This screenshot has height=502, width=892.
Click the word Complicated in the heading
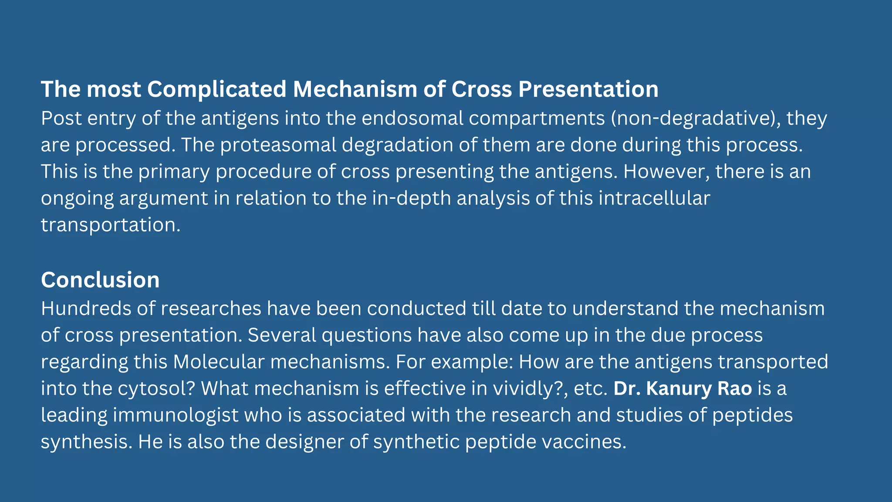[216, 90]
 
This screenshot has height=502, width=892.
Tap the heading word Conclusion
[100, 280]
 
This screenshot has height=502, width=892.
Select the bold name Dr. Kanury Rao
[683, 388]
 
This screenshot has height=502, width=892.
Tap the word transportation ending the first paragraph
[110, 225]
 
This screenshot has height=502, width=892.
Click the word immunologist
[176, 415]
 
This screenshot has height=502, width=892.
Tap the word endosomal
[412, 119]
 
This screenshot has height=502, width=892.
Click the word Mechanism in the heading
[355, 90]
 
